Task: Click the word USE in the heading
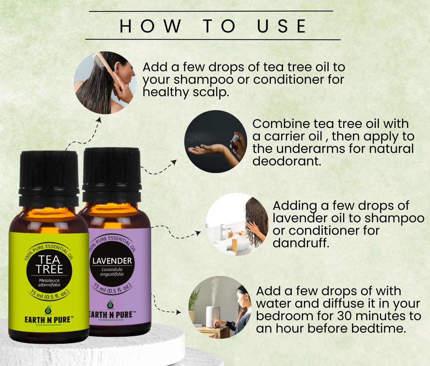coord(282,26)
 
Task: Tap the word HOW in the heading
coord(150,26)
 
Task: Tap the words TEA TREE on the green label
coord(49,264)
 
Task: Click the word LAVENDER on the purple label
coord(112,261)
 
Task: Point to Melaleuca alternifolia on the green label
coord(49,283)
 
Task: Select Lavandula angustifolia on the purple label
coord(112,272)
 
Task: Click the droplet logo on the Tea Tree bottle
coord(48,310)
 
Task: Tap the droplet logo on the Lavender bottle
coord(110,304)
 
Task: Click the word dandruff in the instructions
coord(301,243)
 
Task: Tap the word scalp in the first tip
coord(211,93)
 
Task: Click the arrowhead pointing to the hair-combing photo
coord(99,120)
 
